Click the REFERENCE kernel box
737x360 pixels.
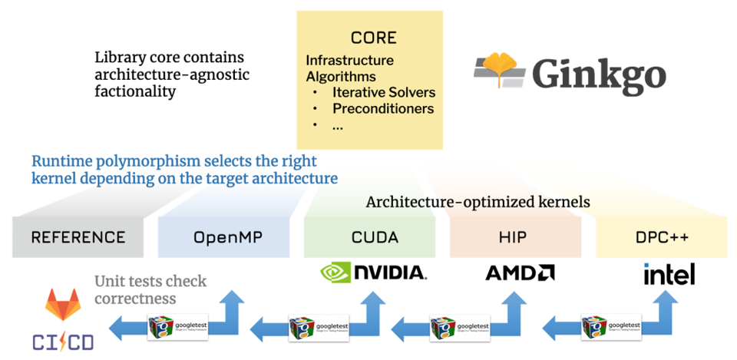point(78,237)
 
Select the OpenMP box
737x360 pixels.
point(223,237)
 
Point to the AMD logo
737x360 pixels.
point(520,272)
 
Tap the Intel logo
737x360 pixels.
point(669,273)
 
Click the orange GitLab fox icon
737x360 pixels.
point(63,305)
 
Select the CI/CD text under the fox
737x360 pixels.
point(63,342)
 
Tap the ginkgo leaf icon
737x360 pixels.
point(500,69)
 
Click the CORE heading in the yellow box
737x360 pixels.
point(374,38)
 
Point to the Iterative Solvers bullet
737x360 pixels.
point(383,92)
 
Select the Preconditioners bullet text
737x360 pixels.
point(382,108)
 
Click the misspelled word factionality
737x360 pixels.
point(135,91)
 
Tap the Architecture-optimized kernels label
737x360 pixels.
point(478,203)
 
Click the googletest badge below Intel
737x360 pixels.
point(611,325)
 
